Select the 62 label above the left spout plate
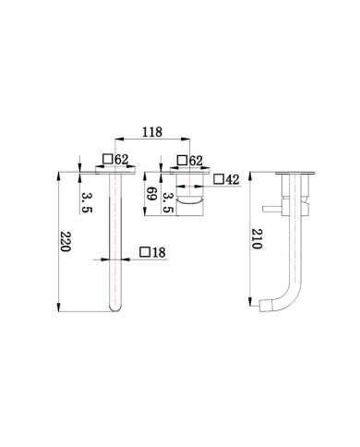click(x=121, y=161)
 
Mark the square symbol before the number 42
click(x=219, y=180)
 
